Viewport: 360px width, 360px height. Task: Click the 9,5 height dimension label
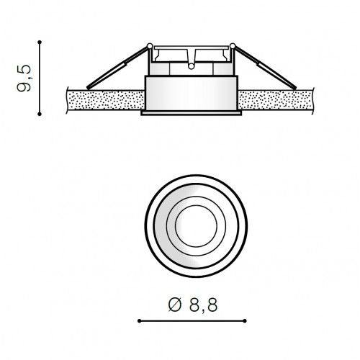click(x=24, y=78)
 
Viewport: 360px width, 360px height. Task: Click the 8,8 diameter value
click(x=203, y=305)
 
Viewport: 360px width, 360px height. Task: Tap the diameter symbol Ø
click(x=175, y=305)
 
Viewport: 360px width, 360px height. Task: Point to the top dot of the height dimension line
click(x=40, y=42)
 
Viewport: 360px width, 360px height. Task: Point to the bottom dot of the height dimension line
click(x=40, y=114)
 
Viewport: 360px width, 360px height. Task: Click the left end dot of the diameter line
click(x=139, y=321)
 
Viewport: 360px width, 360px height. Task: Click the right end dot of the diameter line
click(x=245, y=321)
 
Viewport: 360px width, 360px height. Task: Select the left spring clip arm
click(x=117, y=67)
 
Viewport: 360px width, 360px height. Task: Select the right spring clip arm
click(x=264, y=67)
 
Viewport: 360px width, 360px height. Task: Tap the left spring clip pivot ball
click(x=150, y=45)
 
